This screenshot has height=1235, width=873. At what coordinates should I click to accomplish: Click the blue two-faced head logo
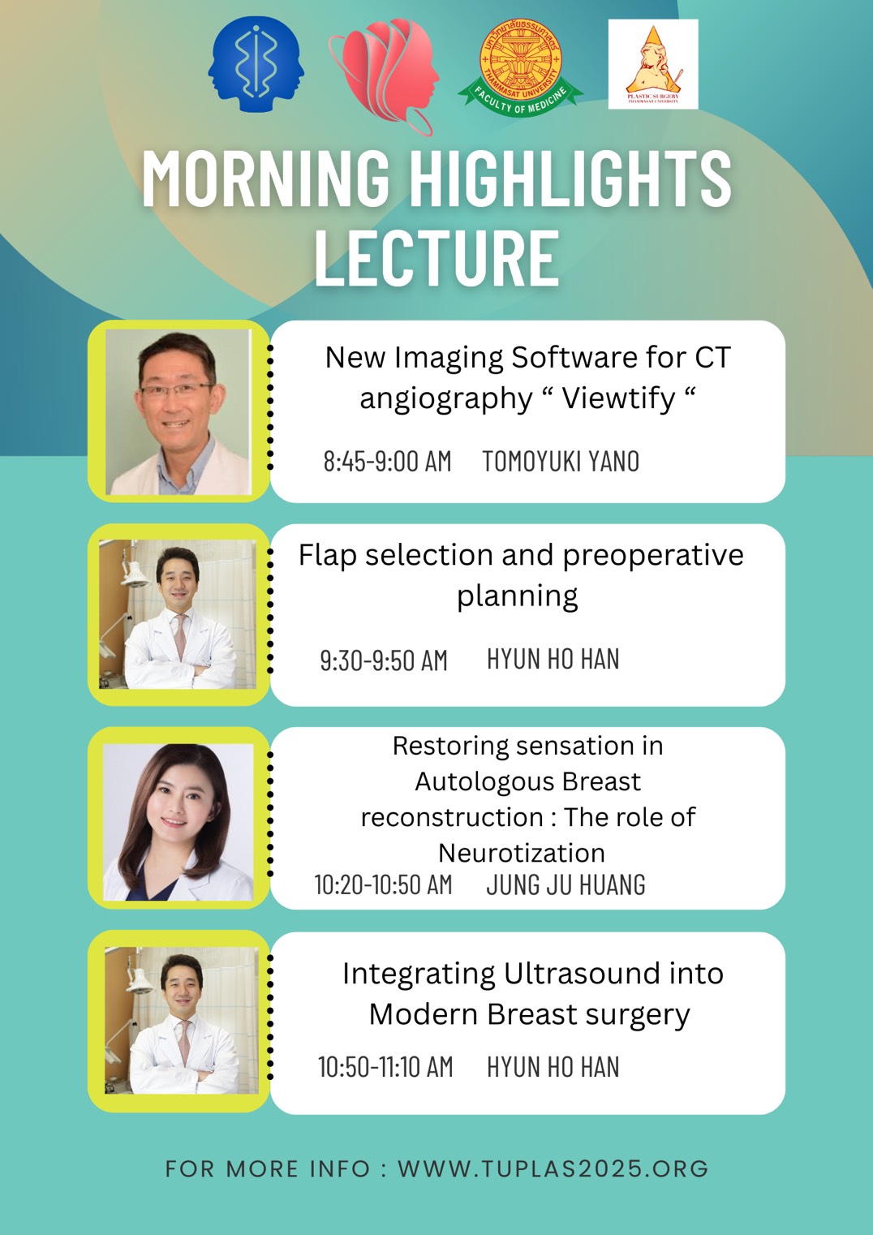coord(256,65)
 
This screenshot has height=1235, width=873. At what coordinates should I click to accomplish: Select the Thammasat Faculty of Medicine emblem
coord(520,67)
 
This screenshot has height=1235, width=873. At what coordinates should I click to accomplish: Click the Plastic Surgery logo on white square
coord(652,64)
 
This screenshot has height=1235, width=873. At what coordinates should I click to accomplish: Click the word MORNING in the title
coord(265,179)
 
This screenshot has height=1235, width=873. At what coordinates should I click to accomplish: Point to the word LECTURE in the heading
coord(436,259)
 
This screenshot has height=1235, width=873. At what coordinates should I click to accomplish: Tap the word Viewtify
coord(618,398)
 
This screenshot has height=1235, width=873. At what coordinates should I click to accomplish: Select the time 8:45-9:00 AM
coord(387,462)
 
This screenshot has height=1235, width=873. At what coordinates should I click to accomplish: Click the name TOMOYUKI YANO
coord(561,462)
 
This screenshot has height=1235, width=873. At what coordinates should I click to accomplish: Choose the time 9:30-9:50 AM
coord(384,661)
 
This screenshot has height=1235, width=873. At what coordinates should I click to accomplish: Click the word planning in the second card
coord(517,596)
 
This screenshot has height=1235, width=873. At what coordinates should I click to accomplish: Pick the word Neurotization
coord(521,853)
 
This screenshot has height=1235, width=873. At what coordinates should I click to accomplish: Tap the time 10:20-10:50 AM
coord(383,884)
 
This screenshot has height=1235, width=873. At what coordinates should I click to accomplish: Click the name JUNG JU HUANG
coord(566,884)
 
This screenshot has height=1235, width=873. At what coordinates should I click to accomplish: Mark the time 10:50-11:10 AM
coord(385,1067)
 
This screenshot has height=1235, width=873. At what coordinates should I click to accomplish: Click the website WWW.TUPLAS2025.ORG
coord(553,1168)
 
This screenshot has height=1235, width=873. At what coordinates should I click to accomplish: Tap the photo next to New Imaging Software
coord(178,411)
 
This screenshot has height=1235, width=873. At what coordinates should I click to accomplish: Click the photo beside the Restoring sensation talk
coord(178,820)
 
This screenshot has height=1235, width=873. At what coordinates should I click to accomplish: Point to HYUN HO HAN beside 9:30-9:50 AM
coord(553,660)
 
